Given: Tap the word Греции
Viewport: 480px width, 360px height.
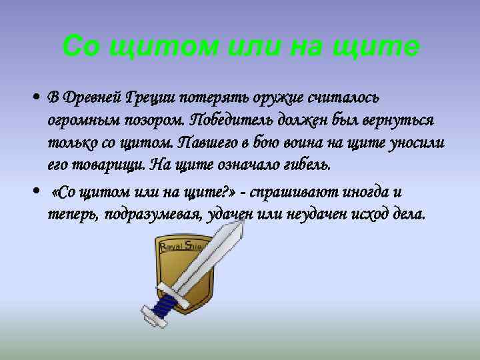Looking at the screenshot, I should (x=151, y=98).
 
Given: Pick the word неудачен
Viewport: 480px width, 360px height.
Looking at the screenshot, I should (x=321, y=215).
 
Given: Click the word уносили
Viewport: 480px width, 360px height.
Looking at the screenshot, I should (x=423, y=143).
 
